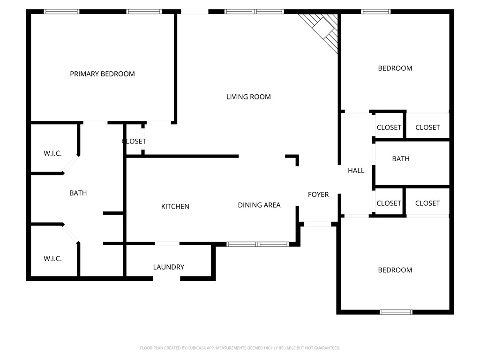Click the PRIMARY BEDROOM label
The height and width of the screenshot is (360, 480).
tap(102, 74)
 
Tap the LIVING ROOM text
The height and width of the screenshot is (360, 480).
tap(248, 97)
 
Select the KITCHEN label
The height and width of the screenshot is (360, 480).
tap(175, 207)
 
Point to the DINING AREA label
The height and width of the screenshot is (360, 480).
tap(259, 205)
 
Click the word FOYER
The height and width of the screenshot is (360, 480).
tap(318, 195)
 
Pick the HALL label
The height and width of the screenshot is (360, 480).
tap(356, 171)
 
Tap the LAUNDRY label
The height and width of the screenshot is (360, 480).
tap(168, 267)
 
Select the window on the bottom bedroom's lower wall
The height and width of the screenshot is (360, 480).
tap(396, 312)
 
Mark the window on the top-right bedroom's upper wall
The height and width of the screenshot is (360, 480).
tap(375, 12)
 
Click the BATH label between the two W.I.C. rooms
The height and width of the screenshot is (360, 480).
tap(78, 193)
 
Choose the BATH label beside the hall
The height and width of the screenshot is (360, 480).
tap(400, 159)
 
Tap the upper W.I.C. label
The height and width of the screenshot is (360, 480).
tap(52, 154)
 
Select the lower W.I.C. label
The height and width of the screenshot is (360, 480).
tap(52, 259)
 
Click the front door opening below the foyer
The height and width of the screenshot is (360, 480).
tap(317, 224)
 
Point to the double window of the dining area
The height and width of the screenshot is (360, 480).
tap(257, 244)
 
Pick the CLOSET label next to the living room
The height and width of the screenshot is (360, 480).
tap(134, 142)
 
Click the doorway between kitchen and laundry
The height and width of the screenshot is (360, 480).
tap(167, 243)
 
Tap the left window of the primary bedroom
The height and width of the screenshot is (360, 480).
tap(61, 12)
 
